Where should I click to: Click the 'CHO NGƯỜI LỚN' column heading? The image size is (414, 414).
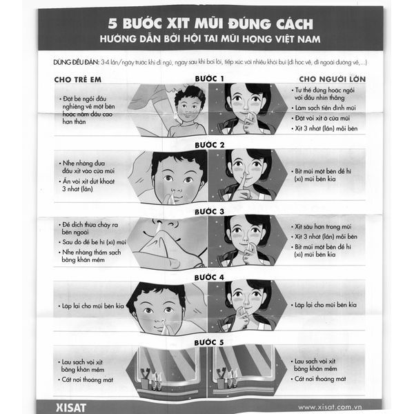point(331,79)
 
